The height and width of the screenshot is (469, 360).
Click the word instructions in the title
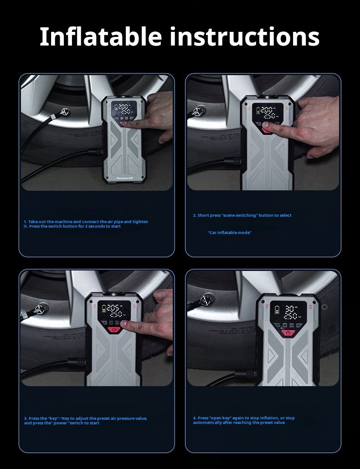coord(245,36)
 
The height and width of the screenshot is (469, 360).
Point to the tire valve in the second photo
coord(198,110)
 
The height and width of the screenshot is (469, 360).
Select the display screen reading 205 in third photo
coord(113,311)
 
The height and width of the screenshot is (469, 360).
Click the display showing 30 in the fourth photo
coord(286,311)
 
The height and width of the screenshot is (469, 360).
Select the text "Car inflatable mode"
coord(230,233)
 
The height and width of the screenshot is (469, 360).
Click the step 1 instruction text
coord(86,224)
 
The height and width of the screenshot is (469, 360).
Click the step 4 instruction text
coord(244,420)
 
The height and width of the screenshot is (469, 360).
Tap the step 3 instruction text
coord(85,421)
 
